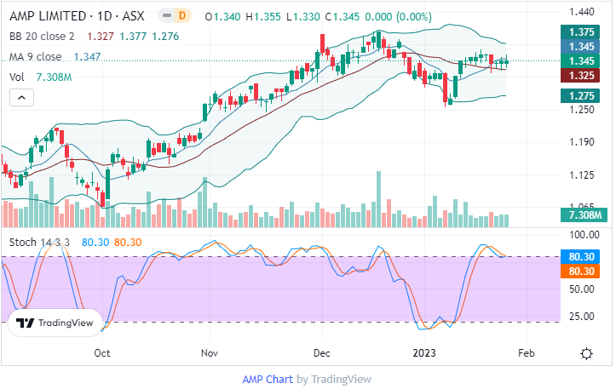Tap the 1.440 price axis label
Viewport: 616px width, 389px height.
pyautogui.click(x=581, y=12)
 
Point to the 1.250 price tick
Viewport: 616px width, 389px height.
pyautogui.click(x=581, y=109)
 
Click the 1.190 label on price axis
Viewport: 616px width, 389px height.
pyautogui.click(x=581, y=142)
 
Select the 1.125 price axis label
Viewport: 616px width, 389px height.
pyautogui.click(x=581, y=175)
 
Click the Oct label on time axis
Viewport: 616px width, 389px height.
pyautogui.click(x=102, y=352)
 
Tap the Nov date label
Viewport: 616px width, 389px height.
pyautogui.click(x=210, y=352)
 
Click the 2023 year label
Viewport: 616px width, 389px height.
pyautogui.click(x=425, y=352)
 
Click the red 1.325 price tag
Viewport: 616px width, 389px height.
pyautogui.click(x=582, y=75)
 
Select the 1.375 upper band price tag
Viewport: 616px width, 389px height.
pyautogui.click(x=582, y=31)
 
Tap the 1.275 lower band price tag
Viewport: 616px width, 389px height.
pyautogui.click(x=582, y=96)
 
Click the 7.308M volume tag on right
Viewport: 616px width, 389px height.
pyautogui.click(x=582, y=217)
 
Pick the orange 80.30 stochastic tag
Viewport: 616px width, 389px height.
pyautogui.click(x=582, y=271)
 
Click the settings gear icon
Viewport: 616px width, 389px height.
pyautogui.click(x=587, y=353)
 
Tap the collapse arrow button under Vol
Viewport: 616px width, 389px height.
pyautogui.click(x=21, y=98)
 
